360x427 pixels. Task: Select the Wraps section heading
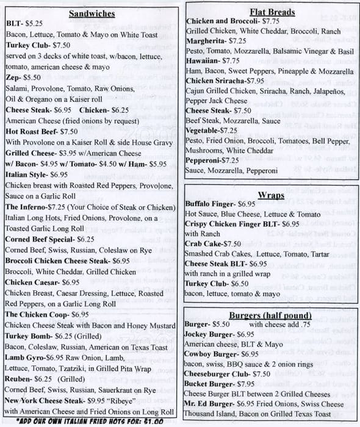tap(272, 195)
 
